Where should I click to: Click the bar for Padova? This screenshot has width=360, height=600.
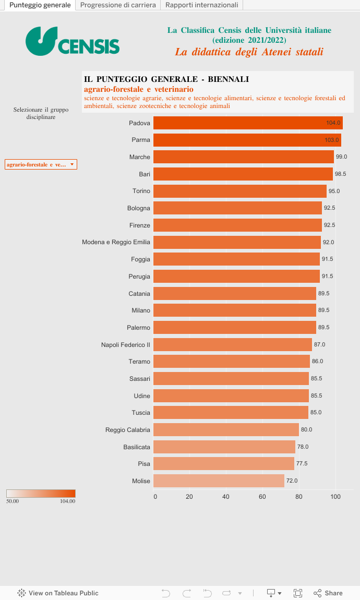click(248, 123)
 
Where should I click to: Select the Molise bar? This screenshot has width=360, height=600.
click(219, 481)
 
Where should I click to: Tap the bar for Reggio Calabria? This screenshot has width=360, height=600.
click(226, 430)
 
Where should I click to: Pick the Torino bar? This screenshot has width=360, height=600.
click(240, 191)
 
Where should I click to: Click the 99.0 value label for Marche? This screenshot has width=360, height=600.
click(341, 157)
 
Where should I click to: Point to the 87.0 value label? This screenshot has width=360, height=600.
click(319, 344)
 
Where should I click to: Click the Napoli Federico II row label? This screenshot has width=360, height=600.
click(126, 345)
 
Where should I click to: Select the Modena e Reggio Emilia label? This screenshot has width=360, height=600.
click(116, 242)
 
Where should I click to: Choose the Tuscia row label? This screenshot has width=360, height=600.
click(141, 413)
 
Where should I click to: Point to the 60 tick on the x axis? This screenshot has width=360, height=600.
click(262, 497)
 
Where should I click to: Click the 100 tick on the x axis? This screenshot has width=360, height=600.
click(335, 497)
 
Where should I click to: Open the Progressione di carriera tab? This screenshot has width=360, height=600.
click(118, 5)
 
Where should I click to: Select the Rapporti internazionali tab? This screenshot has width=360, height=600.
click(201, 5)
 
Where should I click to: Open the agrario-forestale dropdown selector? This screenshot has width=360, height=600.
click(41, 164)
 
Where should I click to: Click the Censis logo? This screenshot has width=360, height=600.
click(73, 41)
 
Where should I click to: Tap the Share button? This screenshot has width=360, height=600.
click(328, 593)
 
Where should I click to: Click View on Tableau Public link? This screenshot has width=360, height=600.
click(58, 593)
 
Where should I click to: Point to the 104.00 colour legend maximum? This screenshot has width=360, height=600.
click(67, 501)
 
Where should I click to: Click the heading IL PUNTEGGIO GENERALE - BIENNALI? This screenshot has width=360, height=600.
click(166, 79)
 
